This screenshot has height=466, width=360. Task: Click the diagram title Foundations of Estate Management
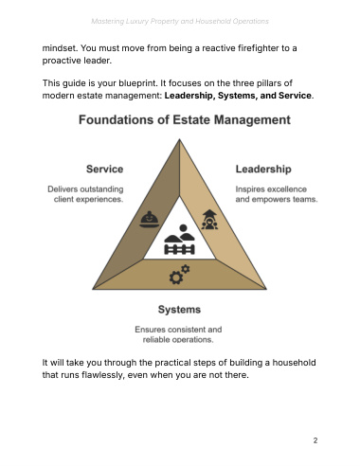coord(185,120)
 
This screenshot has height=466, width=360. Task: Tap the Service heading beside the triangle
coord(104,169)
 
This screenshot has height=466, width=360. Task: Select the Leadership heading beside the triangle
coord(263,170)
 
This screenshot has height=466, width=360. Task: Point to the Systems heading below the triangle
coord(179,310)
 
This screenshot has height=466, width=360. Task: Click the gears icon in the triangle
coord(179,274)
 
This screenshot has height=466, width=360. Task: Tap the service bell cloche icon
coord(150,220)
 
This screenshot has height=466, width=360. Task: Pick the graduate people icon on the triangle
coord(209,220)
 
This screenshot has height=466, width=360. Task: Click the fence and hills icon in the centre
coord(179,240)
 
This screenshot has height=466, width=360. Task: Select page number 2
coord(315,440)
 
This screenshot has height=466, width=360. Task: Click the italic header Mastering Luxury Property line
coord(180,21)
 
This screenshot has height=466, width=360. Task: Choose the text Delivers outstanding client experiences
coord(85,194)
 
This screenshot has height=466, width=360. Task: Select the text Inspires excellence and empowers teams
coord(277,194)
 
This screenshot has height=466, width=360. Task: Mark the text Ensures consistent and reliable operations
coord(178,334)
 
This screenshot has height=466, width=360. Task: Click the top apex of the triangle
coord(179,139)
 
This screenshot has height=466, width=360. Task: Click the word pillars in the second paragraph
coord(266,83)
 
